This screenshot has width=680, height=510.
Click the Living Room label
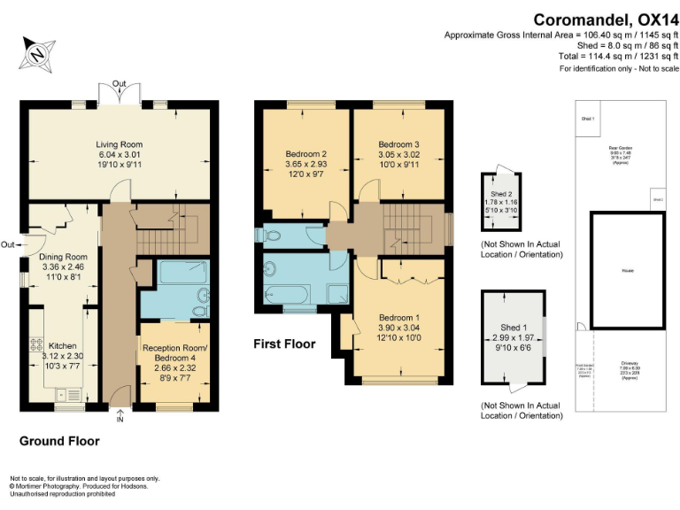(x=120, y=143)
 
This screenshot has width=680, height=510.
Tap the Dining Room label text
(x=62, y=257)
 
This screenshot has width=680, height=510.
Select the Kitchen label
(x=63, y=345)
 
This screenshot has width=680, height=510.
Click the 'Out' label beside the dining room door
(x=7, y=245)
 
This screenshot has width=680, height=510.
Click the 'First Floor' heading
(x=286, y=343)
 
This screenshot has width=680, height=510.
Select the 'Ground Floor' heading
(x=59, y=441)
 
